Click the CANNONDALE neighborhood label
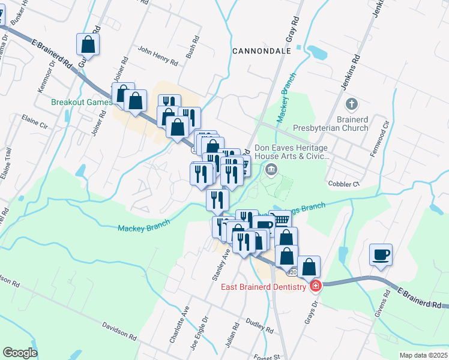[261, 52]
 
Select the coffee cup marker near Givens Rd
[381, 254]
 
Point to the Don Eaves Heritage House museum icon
[271, 170]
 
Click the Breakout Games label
[81, 102]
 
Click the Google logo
[20, 352]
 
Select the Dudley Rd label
[260, 327]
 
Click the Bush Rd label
[191, 55]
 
